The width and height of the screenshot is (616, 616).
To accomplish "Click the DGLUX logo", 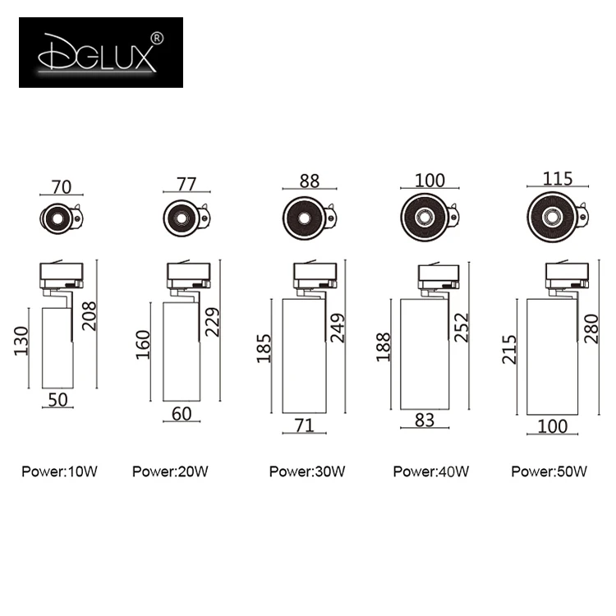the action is point(100,52).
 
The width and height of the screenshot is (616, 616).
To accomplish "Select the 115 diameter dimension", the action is point(557,179).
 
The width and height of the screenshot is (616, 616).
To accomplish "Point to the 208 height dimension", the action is point(89,314).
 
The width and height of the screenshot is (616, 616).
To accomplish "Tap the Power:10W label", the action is point(60,471).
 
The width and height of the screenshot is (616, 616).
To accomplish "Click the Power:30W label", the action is point(307,471).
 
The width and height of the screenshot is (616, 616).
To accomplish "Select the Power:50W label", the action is point(549,471).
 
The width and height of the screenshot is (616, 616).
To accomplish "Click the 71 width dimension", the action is point(304,425).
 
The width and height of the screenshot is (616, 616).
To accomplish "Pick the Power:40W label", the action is point(430,471).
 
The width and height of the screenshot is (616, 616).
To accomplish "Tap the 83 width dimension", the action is point(425,419).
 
